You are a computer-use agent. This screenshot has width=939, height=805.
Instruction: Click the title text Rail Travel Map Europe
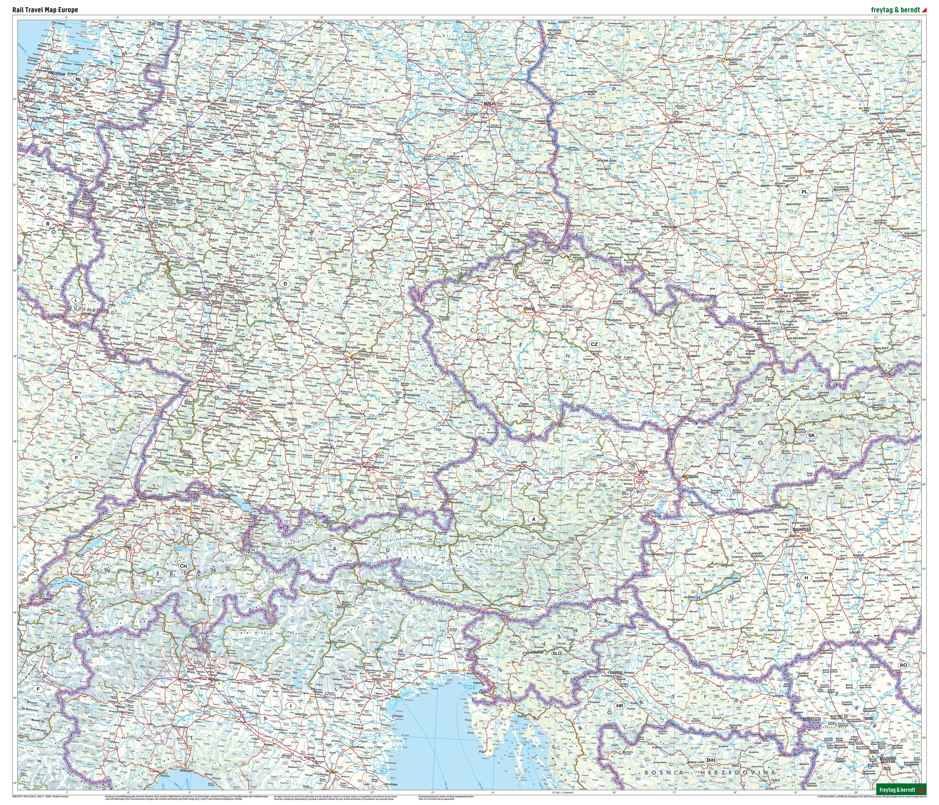[45, 9]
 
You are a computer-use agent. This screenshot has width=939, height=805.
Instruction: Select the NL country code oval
[79, 79]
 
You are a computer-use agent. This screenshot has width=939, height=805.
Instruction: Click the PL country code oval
[804, 191]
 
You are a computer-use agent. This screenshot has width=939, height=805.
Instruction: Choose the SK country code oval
[811, 435]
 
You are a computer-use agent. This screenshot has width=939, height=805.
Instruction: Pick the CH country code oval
[183, 566]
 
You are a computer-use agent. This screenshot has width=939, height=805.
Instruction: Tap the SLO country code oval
[557, 653]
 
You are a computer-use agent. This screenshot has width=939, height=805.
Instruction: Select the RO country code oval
[903, 665]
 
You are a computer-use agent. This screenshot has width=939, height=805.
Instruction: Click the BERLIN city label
[490, 103]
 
